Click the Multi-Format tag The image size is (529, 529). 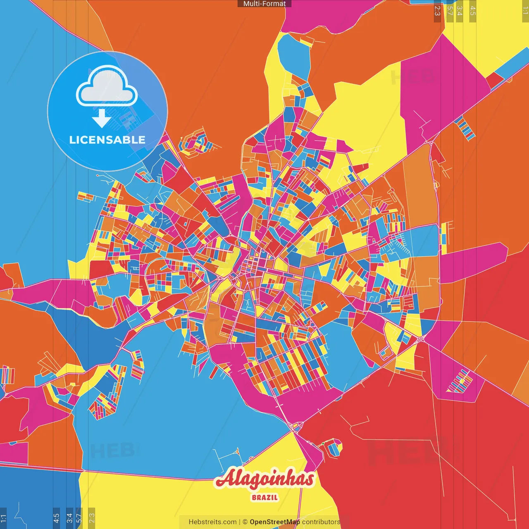pyautogui.click(x=264, y=4)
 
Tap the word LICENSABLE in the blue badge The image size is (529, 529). pyautogui.click(x=107, y=140)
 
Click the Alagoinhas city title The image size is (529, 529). pyautogui.click(x=264, y=479)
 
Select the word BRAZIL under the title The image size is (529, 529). pyautogui.click(x=264, y=498)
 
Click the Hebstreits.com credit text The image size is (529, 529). pyautogui.click(x=212, y=522)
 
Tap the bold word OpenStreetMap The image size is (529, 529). pyautogui.click(x=274, y=522)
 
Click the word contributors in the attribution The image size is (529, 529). pyautogui.click(x=321, y=522)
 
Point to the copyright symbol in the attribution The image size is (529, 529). pyautogui.click(x=245, y=522)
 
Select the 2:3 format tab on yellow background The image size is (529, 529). pyautogui.click(x=92, y=518)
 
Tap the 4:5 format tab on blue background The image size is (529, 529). pyautogui.click(x=57, y=518)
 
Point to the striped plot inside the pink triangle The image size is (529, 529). pyautogui.click(x=460, y=381)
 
